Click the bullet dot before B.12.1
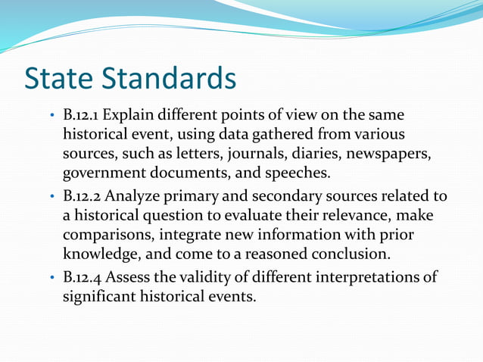(x=51, y=117)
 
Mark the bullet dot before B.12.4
(x=51, y=278)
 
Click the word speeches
(x=301, y=171)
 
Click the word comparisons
(x=106, y=234)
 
